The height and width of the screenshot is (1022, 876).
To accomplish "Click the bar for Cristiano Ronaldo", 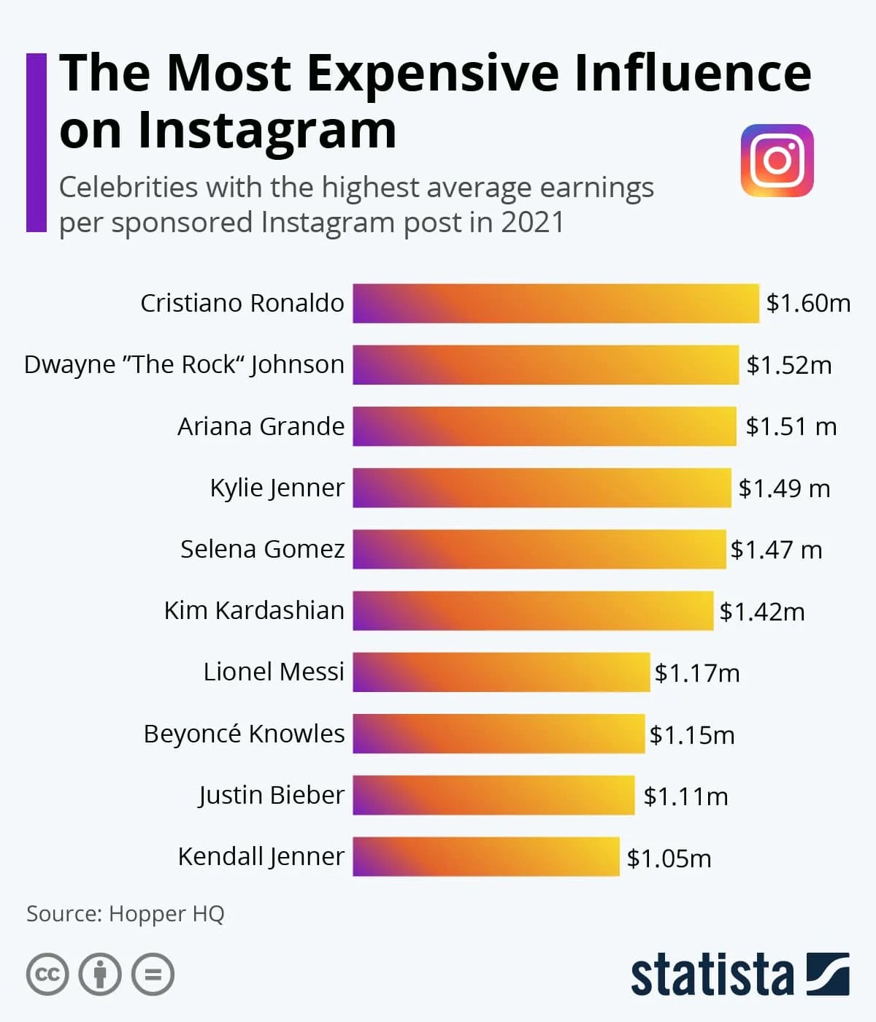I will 556,303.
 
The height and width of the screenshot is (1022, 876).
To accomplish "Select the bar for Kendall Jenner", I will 486,856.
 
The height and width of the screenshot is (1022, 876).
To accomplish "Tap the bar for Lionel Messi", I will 501,672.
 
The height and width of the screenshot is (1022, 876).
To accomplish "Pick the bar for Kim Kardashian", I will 533,610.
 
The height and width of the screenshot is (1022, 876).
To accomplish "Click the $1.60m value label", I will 808,303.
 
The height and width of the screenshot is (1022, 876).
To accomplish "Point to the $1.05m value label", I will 669,858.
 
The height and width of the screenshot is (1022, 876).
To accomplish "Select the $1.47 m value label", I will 776,549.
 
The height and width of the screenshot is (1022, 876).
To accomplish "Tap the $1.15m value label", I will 691,734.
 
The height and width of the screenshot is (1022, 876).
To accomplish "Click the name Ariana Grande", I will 261,426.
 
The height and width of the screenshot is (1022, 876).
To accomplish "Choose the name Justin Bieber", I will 271,795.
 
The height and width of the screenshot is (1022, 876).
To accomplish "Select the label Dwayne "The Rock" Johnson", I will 184,364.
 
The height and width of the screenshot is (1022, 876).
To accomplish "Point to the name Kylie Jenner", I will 277,488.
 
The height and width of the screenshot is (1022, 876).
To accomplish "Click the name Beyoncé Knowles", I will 244,734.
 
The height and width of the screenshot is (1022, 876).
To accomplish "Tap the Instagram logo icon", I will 777,160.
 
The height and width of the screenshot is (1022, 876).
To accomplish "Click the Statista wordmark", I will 712,975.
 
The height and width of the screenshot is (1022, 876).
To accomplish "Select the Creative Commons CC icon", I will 47,975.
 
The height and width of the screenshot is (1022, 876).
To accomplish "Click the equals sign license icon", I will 153,975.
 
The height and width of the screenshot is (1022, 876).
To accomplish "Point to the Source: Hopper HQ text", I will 126,913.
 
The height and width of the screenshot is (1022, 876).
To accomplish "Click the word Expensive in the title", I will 434,73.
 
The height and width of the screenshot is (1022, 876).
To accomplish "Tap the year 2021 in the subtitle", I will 532,222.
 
